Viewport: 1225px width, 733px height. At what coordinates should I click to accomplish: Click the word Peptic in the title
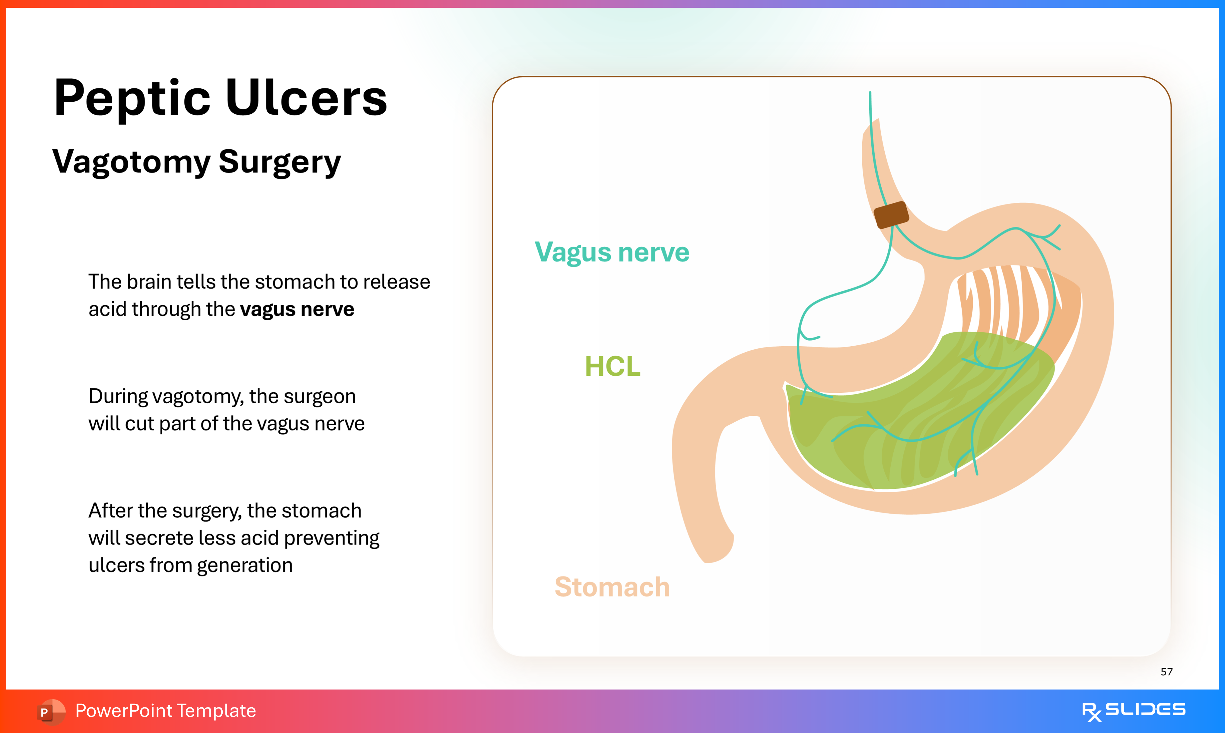pos(132,99)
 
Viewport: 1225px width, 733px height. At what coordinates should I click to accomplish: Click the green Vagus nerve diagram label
pos(612,252)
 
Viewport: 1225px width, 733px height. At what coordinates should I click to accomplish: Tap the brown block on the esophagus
pos(891,215)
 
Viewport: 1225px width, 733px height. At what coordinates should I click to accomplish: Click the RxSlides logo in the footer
pos(1133,711)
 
